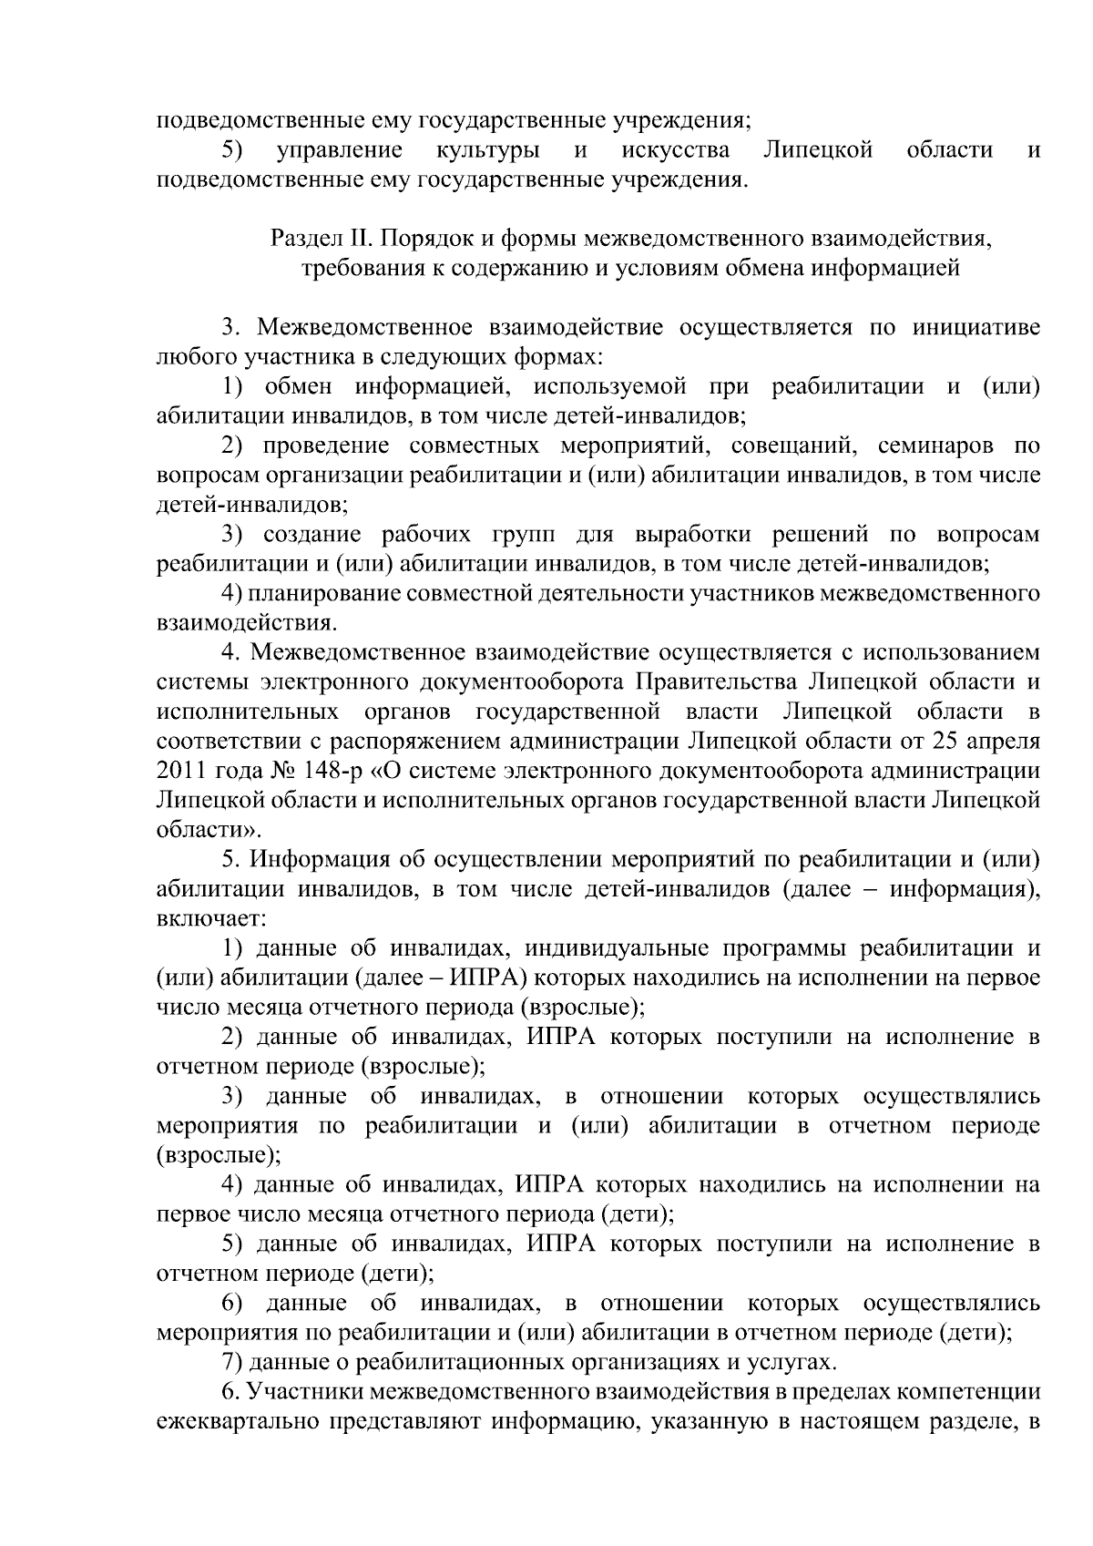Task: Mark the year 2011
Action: coord(181,771)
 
